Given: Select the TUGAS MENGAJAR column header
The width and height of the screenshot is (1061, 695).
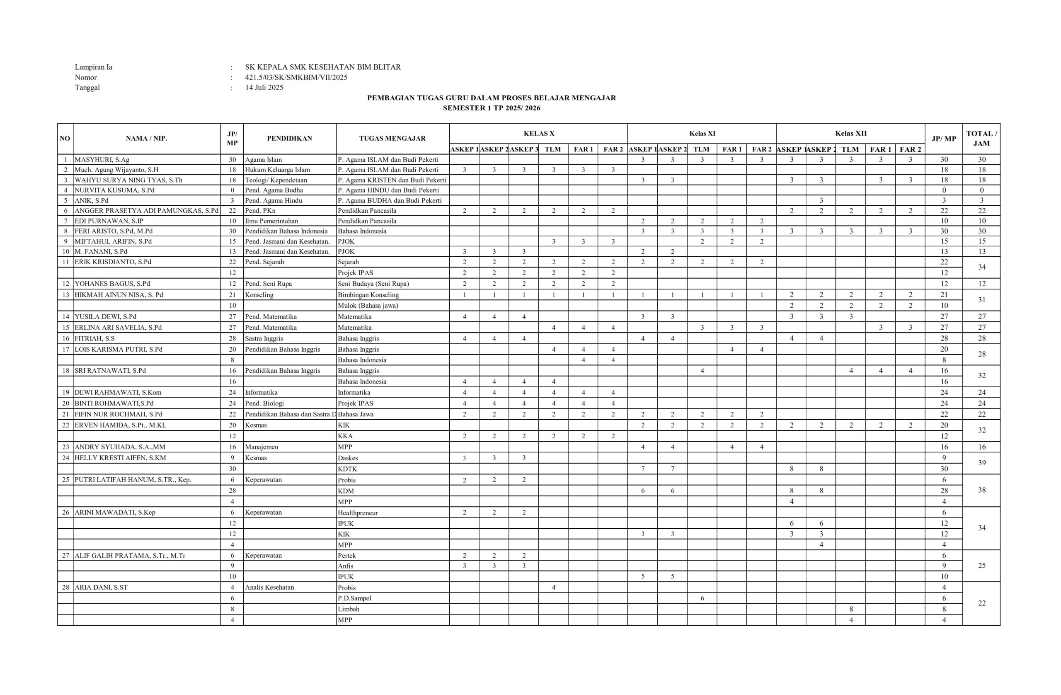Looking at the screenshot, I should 392,138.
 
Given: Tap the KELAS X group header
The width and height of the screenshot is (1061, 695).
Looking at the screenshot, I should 538,134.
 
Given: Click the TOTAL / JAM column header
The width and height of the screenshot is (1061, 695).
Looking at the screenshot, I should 981,138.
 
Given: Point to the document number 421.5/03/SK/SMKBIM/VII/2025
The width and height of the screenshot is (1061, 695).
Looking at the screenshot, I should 296,77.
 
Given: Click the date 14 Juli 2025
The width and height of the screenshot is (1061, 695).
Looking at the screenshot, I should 264,87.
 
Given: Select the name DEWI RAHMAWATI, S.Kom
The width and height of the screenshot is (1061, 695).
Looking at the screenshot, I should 118,393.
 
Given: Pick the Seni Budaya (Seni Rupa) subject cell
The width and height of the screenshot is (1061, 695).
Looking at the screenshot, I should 373,284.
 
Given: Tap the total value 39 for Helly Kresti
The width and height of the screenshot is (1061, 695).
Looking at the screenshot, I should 981,463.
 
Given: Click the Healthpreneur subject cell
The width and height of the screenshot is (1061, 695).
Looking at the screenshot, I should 358,513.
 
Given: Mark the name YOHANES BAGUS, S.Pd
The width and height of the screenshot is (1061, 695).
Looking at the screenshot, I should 112,284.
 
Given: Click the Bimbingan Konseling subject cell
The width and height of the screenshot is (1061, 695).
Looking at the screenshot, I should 368,295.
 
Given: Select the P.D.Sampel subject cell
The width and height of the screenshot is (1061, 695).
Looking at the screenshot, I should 354,598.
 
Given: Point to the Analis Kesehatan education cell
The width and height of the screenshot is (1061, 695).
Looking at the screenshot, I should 269,588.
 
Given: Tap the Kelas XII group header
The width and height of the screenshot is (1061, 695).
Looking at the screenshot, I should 850,134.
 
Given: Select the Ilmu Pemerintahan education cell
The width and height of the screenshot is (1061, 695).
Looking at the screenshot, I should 271,221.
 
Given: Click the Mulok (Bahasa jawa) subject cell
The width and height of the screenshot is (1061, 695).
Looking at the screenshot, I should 368,306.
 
